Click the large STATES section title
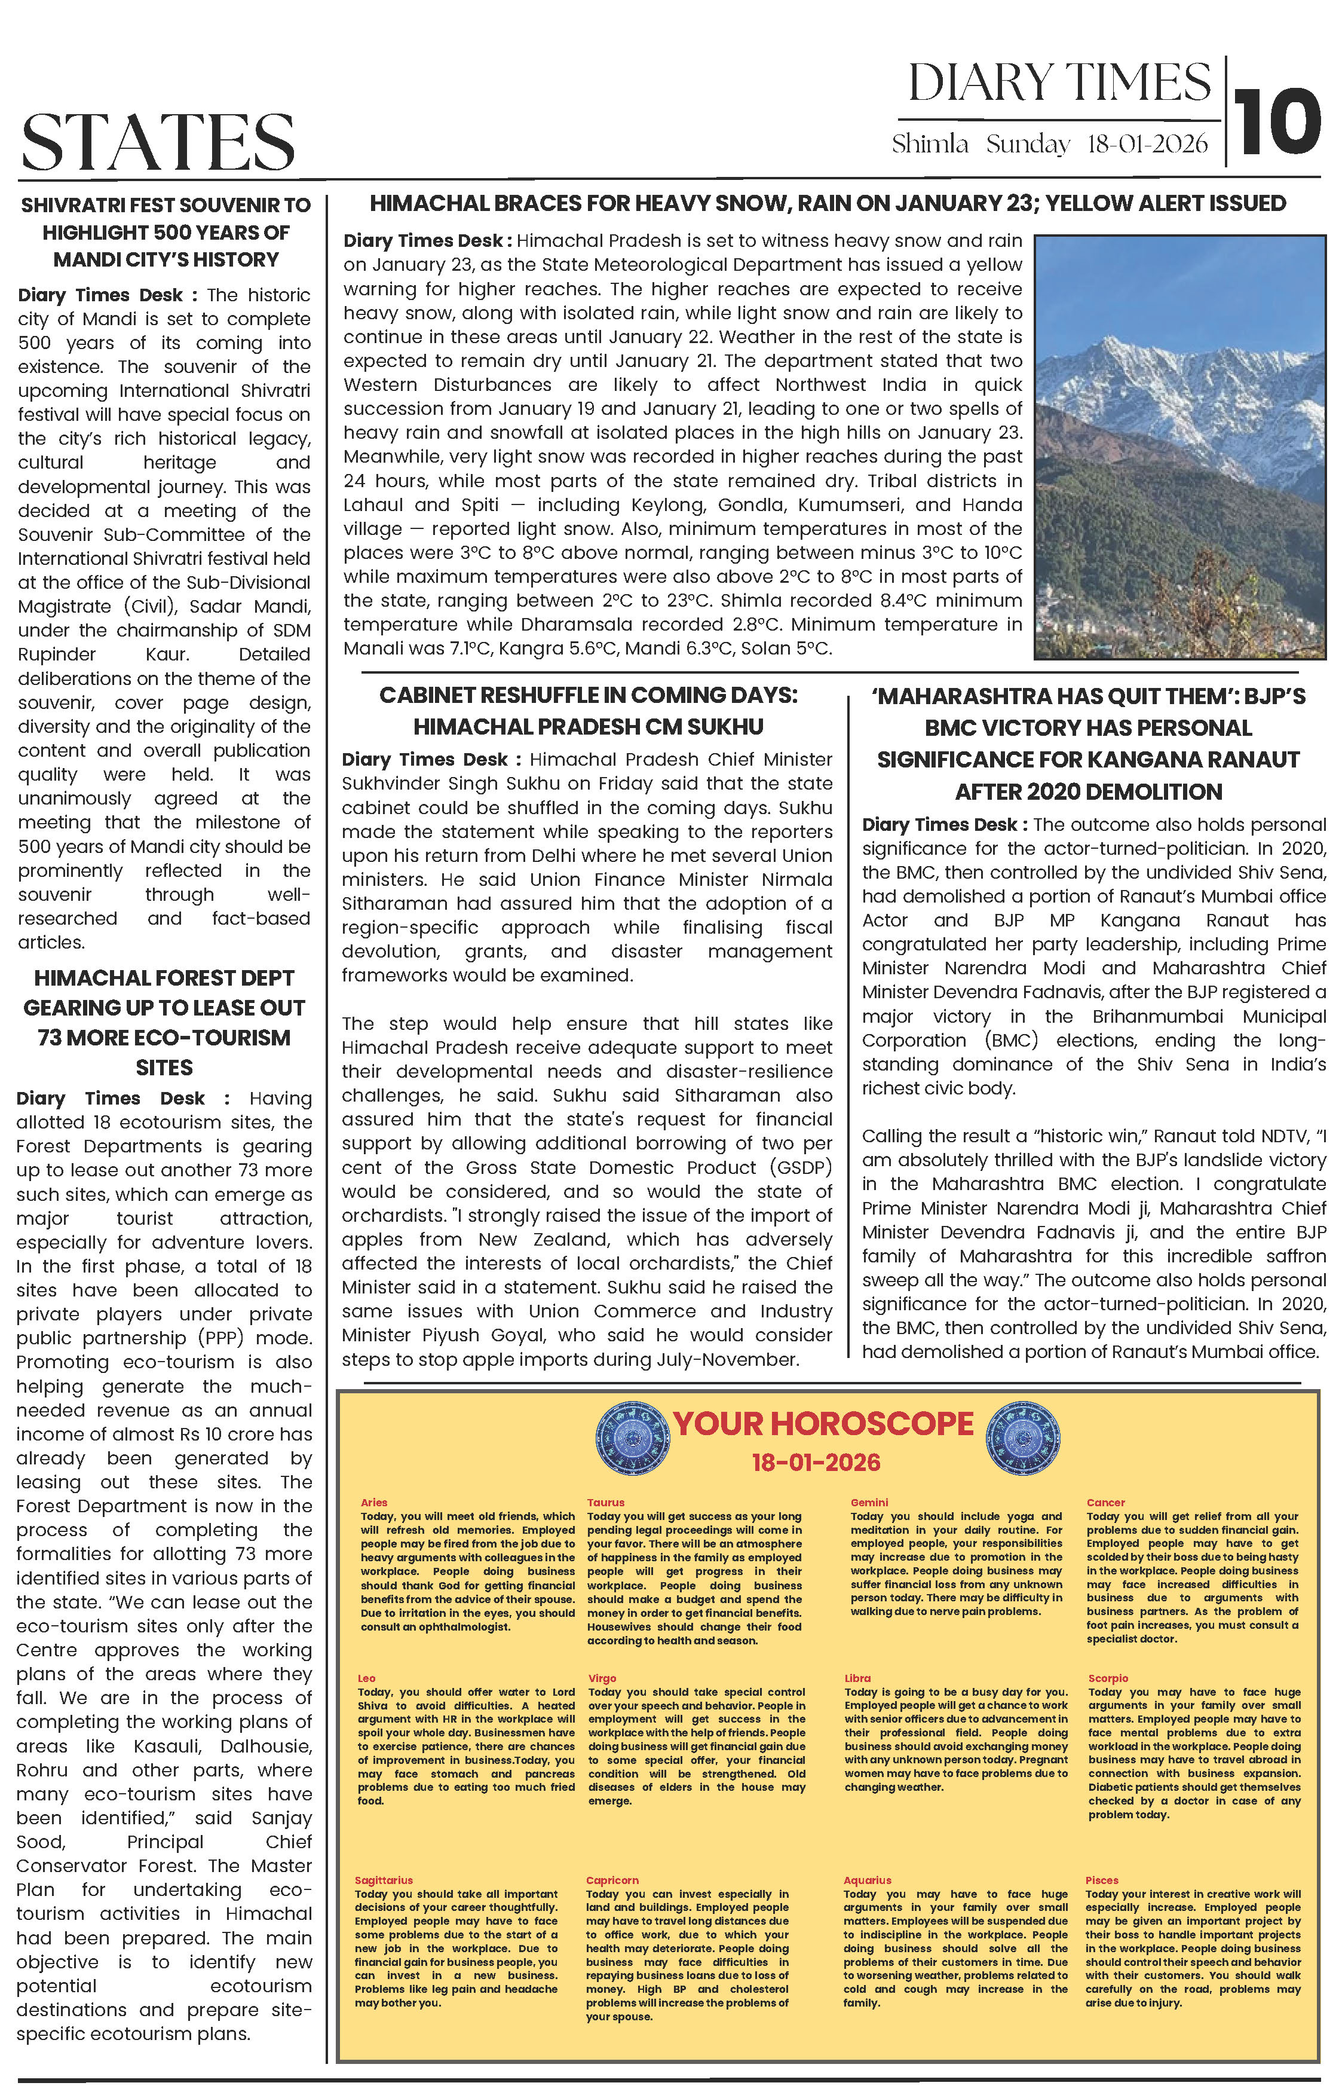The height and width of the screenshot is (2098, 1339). pos(158,140)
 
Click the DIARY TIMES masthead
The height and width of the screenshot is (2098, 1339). pos(1059,84)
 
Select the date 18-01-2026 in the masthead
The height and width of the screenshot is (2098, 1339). pos(1147,145)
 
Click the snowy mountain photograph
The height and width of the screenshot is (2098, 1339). pos(1179,446)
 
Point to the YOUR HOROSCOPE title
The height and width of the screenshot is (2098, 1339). pos(823,1424)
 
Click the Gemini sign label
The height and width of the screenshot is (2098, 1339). pos(869,1503)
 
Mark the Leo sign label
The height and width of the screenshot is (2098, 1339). pos(367,1678)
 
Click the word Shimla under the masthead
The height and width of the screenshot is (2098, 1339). pos(930,145)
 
